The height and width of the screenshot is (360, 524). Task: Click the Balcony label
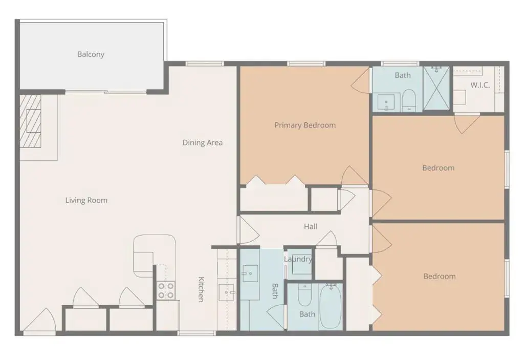pos(91,54)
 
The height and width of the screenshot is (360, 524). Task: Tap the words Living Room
pos(86,200)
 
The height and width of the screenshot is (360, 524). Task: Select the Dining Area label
pos(203,142)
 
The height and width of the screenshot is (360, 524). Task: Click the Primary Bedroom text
pos(305,125)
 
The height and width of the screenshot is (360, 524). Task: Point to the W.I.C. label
pos(480,85)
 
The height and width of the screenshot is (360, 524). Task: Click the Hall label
pos(311,226)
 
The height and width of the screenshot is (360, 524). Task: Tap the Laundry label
pos(298,259)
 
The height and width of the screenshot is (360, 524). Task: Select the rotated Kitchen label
pos(201,289)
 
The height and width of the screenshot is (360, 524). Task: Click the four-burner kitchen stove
pos(166,290)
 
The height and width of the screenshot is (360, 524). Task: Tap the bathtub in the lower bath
pos(330,306)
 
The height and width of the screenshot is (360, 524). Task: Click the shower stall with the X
pos(436,88)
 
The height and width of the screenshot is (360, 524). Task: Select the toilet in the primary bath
pos(408,100)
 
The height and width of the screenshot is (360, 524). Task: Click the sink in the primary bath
pos(386,102)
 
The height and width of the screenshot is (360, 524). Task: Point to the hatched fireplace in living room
pos(30,121)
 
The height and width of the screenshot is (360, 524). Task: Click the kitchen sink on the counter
pos(227,292)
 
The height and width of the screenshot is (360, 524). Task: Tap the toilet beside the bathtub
pos(304,295)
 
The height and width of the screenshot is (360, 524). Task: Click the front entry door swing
pos(40,320)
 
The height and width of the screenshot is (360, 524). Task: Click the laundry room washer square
pos(302,265)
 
